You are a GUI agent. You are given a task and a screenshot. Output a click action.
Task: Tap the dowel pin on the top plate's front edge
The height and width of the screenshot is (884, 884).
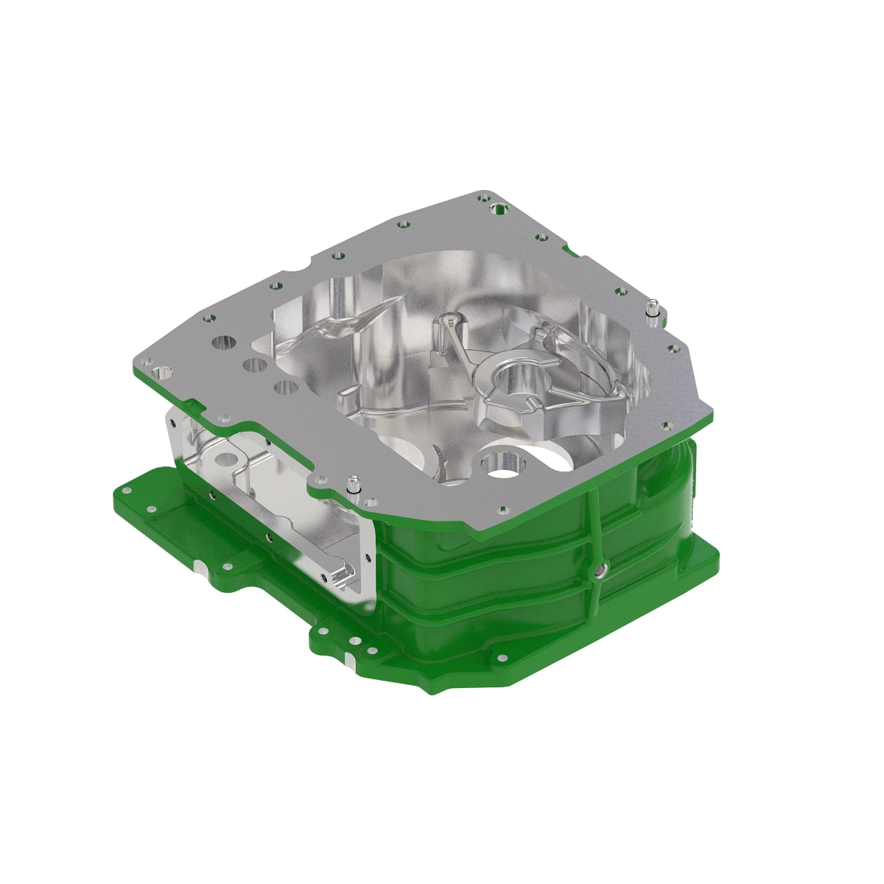pos(354,486)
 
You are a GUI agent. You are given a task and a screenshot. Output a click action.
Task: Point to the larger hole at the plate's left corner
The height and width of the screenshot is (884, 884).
pos(162,371)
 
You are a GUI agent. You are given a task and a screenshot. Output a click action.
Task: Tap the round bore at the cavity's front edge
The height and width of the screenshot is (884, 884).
pos(500,462)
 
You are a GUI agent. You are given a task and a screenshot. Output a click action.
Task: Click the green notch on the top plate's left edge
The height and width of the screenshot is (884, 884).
pos(193,404)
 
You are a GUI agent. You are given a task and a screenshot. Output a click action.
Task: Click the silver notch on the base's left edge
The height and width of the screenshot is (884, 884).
pos(200,568)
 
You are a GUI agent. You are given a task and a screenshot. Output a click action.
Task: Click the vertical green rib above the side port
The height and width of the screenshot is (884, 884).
pos(594,523)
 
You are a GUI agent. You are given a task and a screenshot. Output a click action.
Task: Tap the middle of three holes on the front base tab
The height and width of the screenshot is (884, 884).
pos(357,641)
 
